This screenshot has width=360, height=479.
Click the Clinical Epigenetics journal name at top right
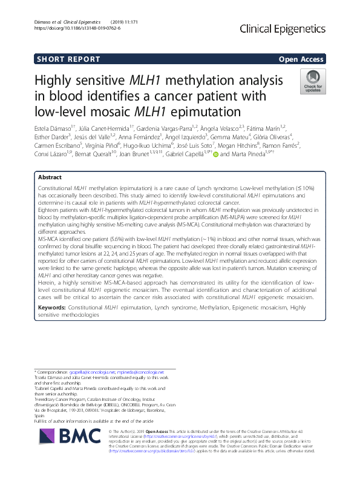click(x=283, y=28)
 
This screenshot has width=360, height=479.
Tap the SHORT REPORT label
click(x=67, y=59)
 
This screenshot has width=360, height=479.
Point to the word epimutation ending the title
click(x=207, y=111)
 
